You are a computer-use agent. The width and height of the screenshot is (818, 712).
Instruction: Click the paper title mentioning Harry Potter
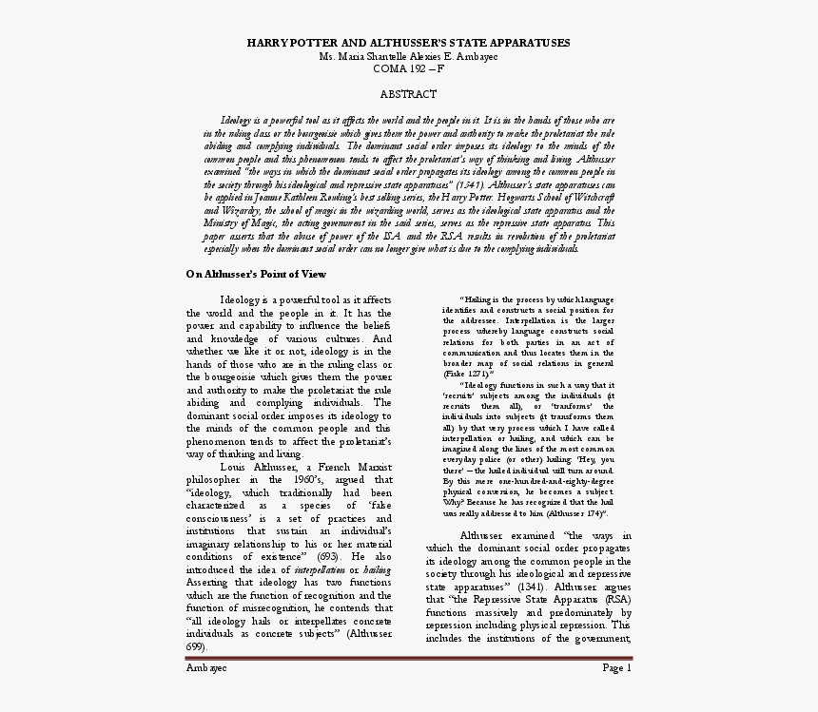(408, 43)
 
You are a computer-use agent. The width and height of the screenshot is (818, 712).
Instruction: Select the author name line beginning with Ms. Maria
(408, 56)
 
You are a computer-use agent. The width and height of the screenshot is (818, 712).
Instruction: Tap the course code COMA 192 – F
(408, 68)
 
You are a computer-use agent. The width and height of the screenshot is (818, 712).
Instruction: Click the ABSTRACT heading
(408, 94)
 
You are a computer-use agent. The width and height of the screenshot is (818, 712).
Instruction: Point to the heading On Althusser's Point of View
(256, 274)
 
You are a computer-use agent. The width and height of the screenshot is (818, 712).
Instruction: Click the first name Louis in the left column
(233, 467)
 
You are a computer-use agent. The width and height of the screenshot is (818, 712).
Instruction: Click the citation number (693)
(329, 555)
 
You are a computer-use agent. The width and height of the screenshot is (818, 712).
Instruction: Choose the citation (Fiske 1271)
(467, 374)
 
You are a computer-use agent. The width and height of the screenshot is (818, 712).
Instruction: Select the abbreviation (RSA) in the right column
(616, 600)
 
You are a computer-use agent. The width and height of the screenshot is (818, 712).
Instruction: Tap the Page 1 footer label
(616, 667)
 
